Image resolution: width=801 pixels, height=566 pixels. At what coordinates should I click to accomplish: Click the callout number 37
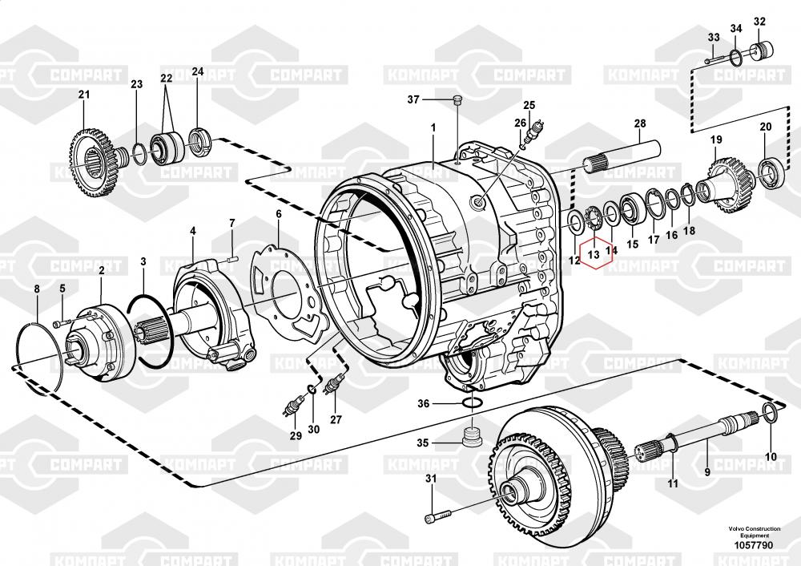413,99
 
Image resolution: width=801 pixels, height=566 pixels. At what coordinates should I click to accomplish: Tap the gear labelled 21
95,164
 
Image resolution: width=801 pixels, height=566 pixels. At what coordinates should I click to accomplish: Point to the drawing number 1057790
754,545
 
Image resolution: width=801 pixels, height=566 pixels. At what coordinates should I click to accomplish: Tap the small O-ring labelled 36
473,403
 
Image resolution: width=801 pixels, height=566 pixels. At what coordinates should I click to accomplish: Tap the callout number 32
759,22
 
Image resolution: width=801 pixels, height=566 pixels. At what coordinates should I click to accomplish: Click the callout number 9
707,472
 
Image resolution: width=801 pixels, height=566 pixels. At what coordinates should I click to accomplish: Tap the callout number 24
198,71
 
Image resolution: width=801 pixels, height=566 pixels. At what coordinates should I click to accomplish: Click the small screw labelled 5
61,323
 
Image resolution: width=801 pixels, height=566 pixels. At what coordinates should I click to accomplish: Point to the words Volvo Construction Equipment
755,532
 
